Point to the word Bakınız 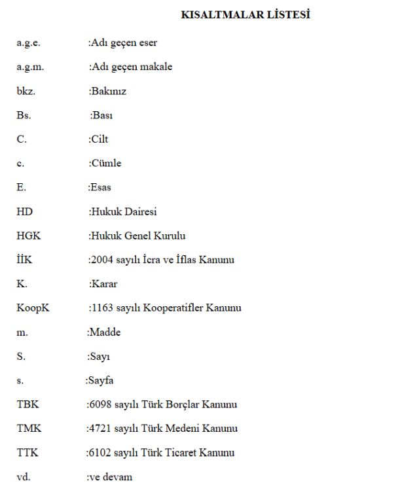coord(109,92)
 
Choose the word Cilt coord(100,139)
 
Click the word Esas coord(101,187)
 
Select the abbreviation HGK coord(28,236)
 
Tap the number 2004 coord(101,260)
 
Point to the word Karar coord(105,284)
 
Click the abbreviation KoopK coord(33,308)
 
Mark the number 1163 coord(101,308)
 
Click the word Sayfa coord(101,380)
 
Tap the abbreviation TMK coord(28,429)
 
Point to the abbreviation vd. coord(23,477)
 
